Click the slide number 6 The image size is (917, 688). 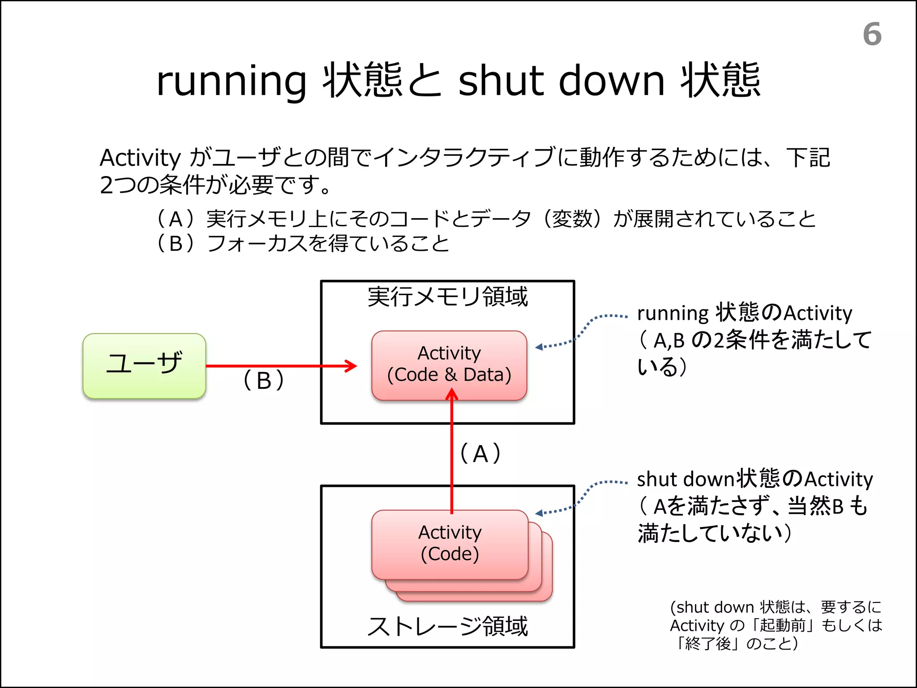(x=872, y=34)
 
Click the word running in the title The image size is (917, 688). (x=231, y=82)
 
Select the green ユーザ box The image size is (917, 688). (x=144, y=365)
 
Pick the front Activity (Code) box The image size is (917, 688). (x=450, y=544)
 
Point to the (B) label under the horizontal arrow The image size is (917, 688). (x=264, y=380)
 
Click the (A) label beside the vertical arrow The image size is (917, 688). (x=480, y=453)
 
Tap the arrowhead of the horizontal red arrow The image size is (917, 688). (x=352, y=366)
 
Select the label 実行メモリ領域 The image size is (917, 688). (x=447, y=297)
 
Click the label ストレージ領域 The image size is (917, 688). (x=447, y=626)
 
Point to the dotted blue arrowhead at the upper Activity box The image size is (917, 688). (x=539, y=347)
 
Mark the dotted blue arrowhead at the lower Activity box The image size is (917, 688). (x=539, y=513)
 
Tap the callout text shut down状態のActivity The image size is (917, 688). (x=754, y=479)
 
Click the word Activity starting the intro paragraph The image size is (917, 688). (x=140, y=158)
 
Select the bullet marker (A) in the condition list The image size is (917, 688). (x=176, y=219)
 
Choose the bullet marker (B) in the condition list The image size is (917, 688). (x=176, y=244)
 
